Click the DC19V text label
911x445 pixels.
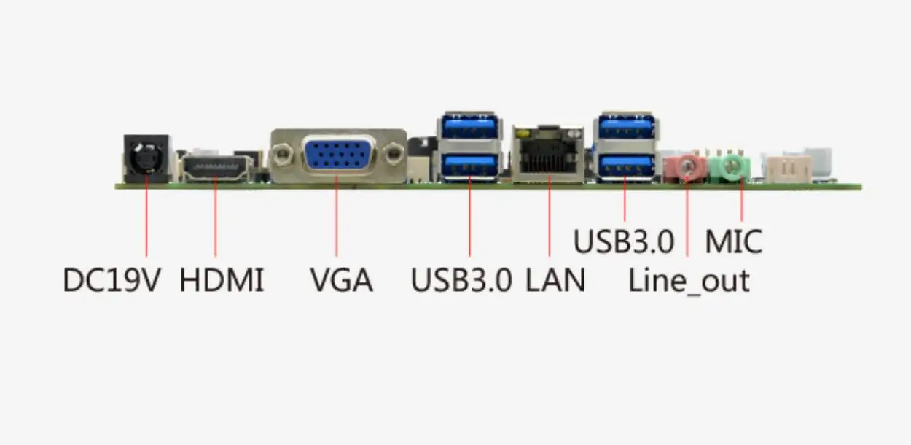(x=112, y=280)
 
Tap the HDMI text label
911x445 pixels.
(x=222, y=280)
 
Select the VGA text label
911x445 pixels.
(x=341, y=280)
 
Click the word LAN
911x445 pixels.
(x=555, y=280)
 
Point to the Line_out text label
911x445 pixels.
(x=689, y=280)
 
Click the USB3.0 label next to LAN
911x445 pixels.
(x=461, y=280)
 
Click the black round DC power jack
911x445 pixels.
(x=146, y=156)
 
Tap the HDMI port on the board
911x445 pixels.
(x=215, y=170)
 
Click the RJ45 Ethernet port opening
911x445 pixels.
(x=548, y=160)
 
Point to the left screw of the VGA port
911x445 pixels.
(x=283, y=155)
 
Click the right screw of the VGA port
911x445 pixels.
(x=394, y=155)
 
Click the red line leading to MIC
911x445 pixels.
(x=741, y=201)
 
